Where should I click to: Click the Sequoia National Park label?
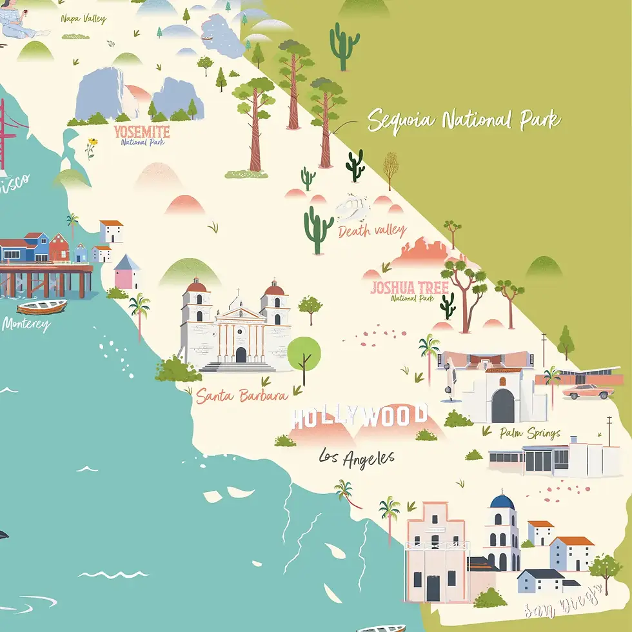click(x=464, y=121)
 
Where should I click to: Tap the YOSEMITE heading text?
click(x=142, y=132)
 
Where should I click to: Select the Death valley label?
click(x=373, y=230)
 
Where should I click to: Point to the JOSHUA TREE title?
click(x=410, y=288)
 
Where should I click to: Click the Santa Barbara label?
click(x=242, y=395)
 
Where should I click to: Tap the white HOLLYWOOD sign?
click(x=359, y=416)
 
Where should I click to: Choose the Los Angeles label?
click(x=357, y=457)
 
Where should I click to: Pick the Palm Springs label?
click(x=529, y=433)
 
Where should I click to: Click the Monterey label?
click(x=25, y=324)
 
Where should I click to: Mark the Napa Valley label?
click(x=83, y=19)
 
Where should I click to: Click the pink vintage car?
click(x=587, y=391)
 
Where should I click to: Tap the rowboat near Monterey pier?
click(x=42, y=306)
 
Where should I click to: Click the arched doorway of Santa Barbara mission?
click(x=241, y=355)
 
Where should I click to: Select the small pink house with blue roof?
click(x=127, y=272)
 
